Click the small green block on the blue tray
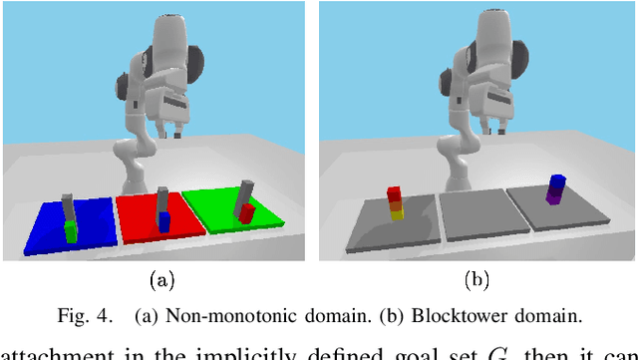point(71,232)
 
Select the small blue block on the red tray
point(163,222)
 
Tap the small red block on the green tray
point(246,212)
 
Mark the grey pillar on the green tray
point(242,195)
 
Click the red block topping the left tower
point(395,193)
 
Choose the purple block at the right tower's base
point(554,196)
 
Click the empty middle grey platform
point(473,215)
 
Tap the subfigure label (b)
point(477,280)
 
